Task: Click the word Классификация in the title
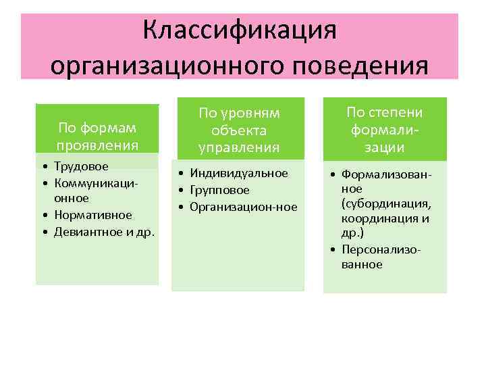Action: (240, 31)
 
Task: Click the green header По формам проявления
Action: (98, 136)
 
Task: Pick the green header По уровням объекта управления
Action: (238, 130)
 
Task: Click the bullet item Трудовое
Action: (81, 166)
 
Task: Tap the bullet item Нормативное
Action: (92, 215)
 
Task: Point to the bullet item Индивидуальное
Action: (239, 174)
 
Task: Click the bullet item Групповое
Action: (219, 191)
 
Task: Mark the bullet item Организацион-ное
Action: (243, 207)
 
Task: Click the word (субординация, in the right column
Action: (385, 203)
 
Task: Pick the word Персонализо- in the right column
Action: (381, 249)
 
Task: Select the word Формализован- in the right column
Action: (386, 175)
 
